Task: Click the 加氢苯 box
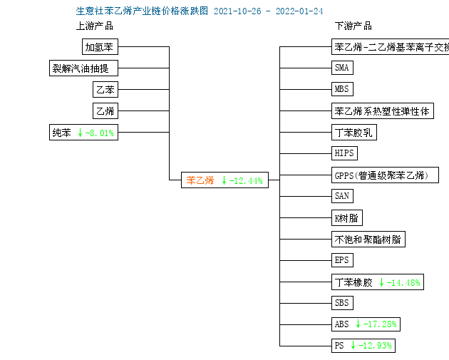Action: tap(100, 46)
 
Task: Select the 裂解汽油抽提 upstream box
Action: tap(83, 68)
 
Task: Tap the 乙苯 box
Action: tap(105, 89)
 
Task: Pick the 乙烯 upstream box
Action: tap(105, 110)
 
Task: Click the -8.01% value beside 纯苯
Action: tap(99, 133)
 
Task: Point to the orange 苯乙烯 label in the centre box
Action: tap(200, 180)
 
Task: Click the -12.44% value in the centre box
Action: tap(246, 181)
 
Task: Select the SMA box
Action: tap(342, 68)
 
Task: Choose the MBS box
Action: tap(342, 89)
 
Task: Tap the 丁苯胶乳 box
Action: tap(354, 133)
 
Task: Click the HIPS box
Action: tap(344, 153)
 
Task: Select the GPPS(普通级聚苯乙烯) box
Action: tap(385, 175)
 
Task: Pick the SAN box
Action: tap(342, 196)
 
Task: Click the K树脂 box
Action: tap(347, 218)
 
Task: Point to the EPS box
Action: tap(342, 260)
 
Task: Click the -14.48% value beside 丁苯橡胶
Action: tap(403, 283)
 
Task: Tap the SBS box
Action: tap(342, 303)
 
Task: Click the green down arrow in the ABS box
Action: tap(358, 324)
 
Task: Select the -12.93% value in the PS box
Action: tap(375, 346)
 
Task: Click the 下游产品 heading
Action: tap(353, 26)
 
